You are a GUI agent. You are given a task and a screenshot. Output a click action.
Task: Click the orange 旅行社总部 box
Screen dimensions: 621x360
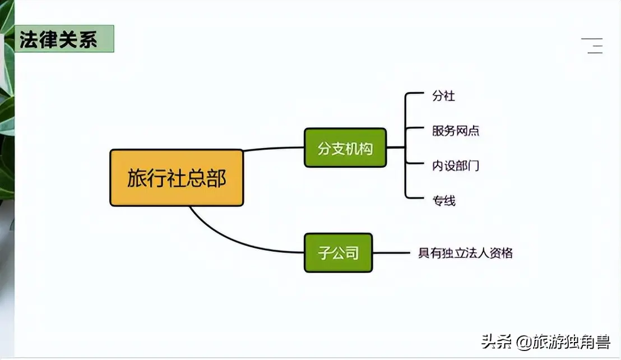[x=177, y=178]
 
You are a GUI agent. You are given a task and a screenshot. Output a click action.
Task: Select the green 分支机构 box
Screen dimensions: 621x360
[x=345, y=147]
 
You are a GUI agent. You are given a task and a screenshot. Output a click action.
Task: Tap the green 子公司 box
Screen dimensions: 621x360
[x=338, y=253]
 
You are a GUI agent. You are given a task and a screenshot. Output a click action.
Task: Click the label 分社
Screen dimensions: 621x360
[x=443, y=96]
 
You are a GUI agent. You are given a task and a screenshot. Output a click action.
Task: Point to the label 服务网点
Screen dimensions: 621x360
[x=456, y=131]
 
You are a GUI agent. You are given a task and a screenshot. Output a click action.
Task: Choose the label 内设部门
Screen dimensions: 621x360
[x=456, y=165]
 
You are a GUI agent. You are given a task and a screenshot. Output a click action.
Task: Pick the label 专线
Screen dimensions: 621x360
[x=443, y=201]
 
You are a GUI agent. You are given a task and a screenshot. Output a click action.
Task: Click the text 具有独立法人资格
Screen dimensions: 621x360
[x=465, y=253]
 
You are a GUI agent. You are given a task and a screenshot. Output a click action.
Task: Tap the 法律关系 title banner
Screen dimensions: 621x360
[x=64, y=39]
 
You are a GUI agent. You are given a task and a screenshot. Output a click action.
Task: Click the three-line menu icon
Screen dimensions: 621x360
[x=592, y=45]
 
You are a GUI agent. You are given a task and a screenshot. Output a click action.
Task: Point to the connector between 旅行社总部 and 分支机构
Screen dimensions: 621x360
[x=274, y=149]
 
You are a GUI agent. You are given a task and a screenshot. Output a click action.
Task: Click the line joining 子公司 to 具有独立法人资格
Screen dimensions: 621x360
[x=391, y=253]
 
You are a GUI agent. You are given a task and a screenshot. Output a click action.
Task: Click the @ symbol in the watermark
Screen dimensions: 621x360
[x=523, y=342]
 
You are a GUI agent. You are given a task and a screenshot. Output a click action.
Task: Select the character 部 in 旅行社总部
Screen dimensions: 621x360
[x=216, y=178]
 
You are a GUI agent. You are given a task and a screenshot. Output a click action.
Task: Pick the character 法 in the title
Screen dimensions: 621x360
[x=29, y=39]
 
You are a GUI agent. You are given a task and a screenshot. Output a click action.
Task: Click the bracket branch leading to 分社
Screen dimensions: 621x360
[x=414, y=94]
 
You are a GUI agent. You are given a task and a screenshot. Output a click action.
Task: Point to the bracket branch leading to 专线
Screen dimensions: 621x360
[x=414, y=197]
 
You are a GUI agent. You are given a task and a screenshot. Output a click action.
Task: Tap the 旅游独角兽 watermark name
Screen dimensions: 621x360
[x=571, y=342]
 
